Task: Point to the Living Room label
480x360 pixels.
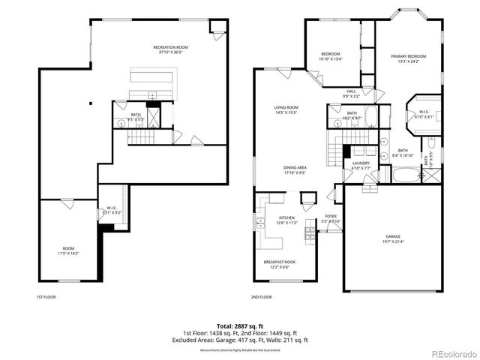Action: point(286,109)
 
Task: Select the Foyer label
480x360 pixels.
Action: point(331,219)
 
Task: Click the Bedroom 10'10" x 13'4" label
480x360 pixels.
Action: point(331,56)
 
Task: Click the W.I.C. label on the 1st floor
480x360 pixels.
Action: point(111,211)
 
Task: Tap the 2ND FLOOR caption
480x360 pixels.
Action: point(262,297)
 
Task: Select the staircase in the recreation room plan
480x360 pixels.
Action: point(139,137)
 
